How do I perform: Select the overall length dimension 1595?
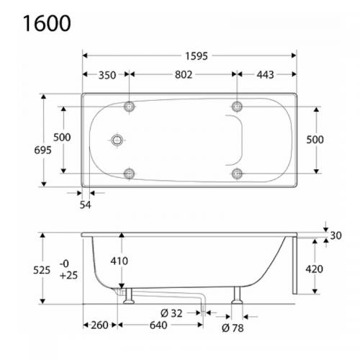(x=191, y=55)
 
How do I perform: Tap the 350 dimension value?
(x=106, y=75)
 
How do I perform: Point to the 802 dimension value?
(x=182, y=75)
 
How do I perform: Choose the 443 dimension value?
(x=266, y=75)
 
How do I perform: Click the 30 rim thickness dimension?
(x=336, y=236)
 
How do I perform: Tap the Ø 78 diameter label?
(x=233, y=328)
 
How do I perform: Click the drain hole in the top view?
(x=116, y=140)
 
